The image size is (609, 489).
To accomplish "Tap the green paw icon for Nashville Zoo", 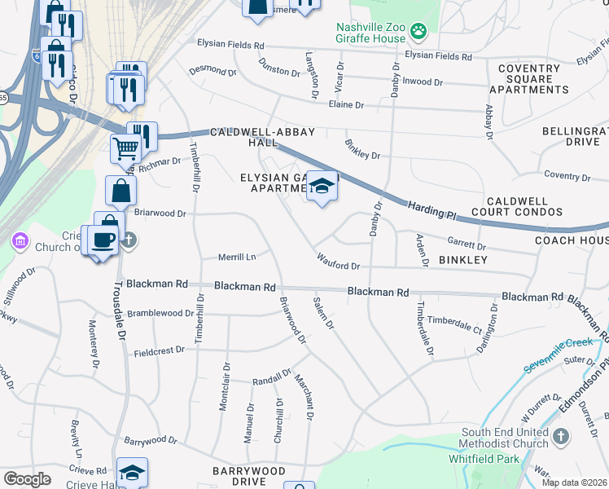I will tap(418, 32).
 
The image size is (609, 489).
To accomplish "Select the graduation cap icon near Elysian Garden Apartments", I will tap(322, 188).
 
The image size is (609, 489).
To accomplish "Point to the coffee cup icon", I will tap(103, 240).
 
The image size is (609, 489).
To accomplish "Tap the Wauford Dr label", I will tap(339, 266).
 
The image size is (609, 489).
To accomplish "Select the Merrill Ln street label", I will tap(237, 258).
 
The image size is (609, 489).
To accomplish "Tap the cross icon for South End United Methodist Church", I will tap(560, 438).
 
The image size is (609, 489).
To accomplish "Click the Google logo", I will tap(27, 479).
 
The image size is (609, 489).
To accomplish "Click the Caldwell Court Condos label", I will tap(524, 206).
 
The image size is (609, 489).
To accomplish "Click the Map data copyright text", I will tap(574, 482).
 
